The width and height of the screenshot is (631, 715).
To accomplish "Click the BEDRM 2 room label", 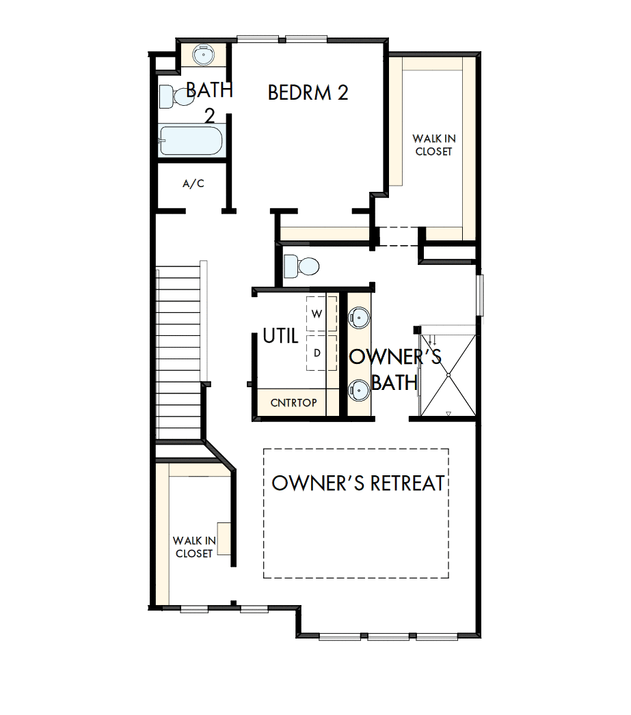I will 308,93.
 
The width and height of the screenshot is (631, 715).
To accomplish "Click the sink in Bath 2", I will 203,54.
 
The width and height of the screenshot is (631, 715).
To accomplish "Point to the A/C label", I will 193,184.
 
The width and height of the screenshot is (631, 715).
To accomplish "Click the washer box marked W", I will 317,313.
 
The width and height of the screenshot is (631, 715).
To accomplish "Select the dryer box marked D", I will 317,353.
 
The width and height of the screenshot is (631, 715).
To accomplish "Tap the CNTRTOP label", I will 293,402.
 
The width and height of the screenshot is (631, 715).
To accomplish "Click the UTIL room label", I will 280,336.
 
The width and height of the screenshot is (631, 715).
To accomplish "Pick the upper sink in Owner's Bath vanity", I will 359,316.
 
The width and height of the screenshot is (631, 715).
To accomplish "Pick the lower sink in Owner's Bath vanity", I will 359,390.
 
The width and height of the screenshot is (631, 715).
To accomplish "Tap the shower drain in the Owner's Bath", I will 448,374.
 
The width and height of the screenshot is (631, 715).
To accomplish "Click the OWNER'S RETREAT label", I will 358,483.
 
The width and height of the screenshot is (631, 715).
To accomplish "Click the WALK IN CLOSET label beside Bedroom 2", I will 433,145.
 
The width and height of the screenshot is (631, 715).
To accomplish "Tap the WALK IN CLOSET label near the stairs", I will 194,547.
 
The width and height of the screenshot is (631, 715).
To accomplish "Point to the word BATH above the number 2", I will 209,89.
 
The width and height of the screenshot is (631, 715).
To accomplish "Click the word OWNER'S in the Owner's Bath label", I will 395,357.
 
